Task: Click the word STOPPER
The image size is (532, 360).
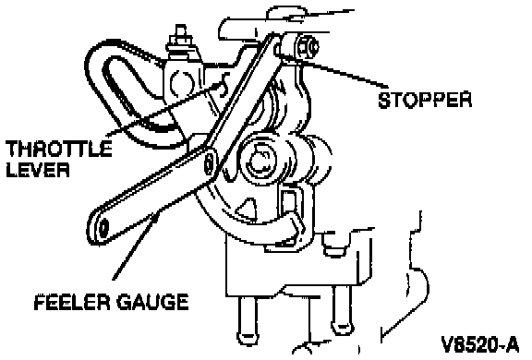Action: (x=425, y=100)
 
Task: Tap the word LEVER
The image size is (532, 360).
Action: (x=38, y=169)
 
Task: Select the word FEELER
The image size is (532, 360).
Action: (x=72, y=302)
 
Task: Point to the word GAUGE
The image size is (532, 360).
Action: (x=152, y=302)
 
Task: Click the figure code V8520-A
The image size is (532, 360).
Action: (x=480, y=344)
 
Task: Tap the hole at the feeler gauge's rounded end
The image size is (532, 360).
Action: (x=103, y=227)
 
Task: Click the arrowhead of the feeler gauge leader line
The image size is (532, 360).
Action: (x=156, y=218)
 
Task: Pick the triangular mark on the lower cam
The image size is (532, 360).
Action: (x=247, y=207)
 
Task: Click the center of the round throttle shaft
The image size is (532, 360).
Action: (x=260, y=160)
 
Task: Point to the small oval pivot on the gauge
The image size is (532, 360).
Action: (x=210, y=163)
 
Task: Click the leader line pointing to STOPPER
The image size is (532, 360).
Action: (x=342, y=74)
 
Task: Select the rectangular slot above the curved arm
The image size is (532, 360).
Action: (x=289, y=203)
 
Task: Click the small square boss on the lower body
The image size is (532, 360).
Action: (x=334, y=244)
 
